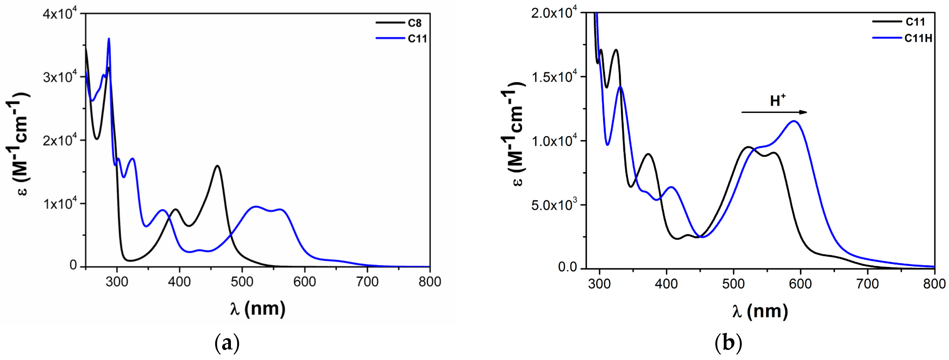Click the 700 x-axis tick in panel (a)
[x=367, y=282]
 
